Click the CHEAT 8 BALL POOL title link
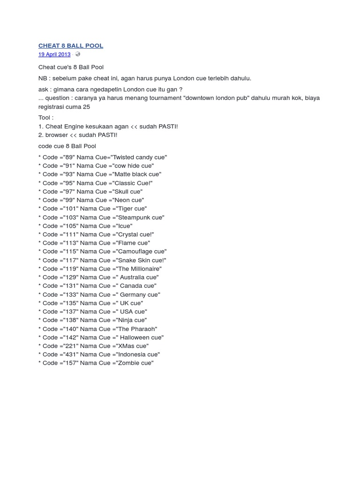tap(71, 45)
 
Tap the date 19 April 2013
tap(54, 54)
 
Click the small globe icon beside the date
tap(77, 54)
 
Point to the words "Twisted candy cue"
tap(139, 157)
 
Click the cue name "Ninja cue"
tap(129, 320)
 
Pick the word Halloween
tap(133, 337)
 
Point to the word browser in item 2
tap(57, 135)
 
